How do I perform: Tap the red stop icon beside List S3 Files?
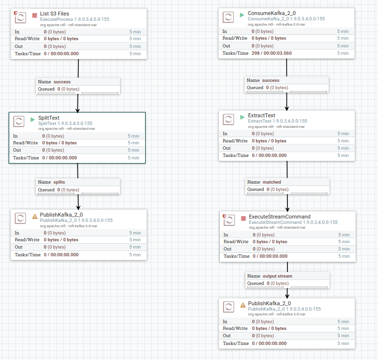click(34, 16)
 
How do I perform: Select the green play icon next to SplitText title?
click(33, 119)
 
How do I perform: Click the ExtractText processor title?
click(261, 115)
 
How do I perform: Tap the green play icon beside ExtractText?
click(242, 117)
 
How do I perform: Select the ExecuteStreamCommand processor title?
click(279, 217)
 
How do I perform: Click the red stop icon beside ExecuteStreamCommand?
click(243, 219)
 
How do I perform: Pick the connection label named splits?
click(59, 182)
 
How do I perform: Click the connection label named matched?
click(272, 182)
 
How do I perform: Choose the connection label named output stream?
click(277, 276)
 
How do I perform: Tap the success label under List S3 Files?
click(61, 82)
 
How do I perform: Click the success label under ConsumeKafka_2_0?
click(271, 80)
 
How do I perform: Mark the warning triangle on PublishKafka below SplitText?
click(34, 216)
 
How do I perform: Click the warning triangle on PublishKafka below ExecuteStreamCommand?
click(243, 305)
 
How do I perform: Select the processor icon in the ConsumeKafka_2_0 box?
click(229, 18)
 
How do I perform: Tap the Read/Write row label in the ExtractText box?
click(235, 141)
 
